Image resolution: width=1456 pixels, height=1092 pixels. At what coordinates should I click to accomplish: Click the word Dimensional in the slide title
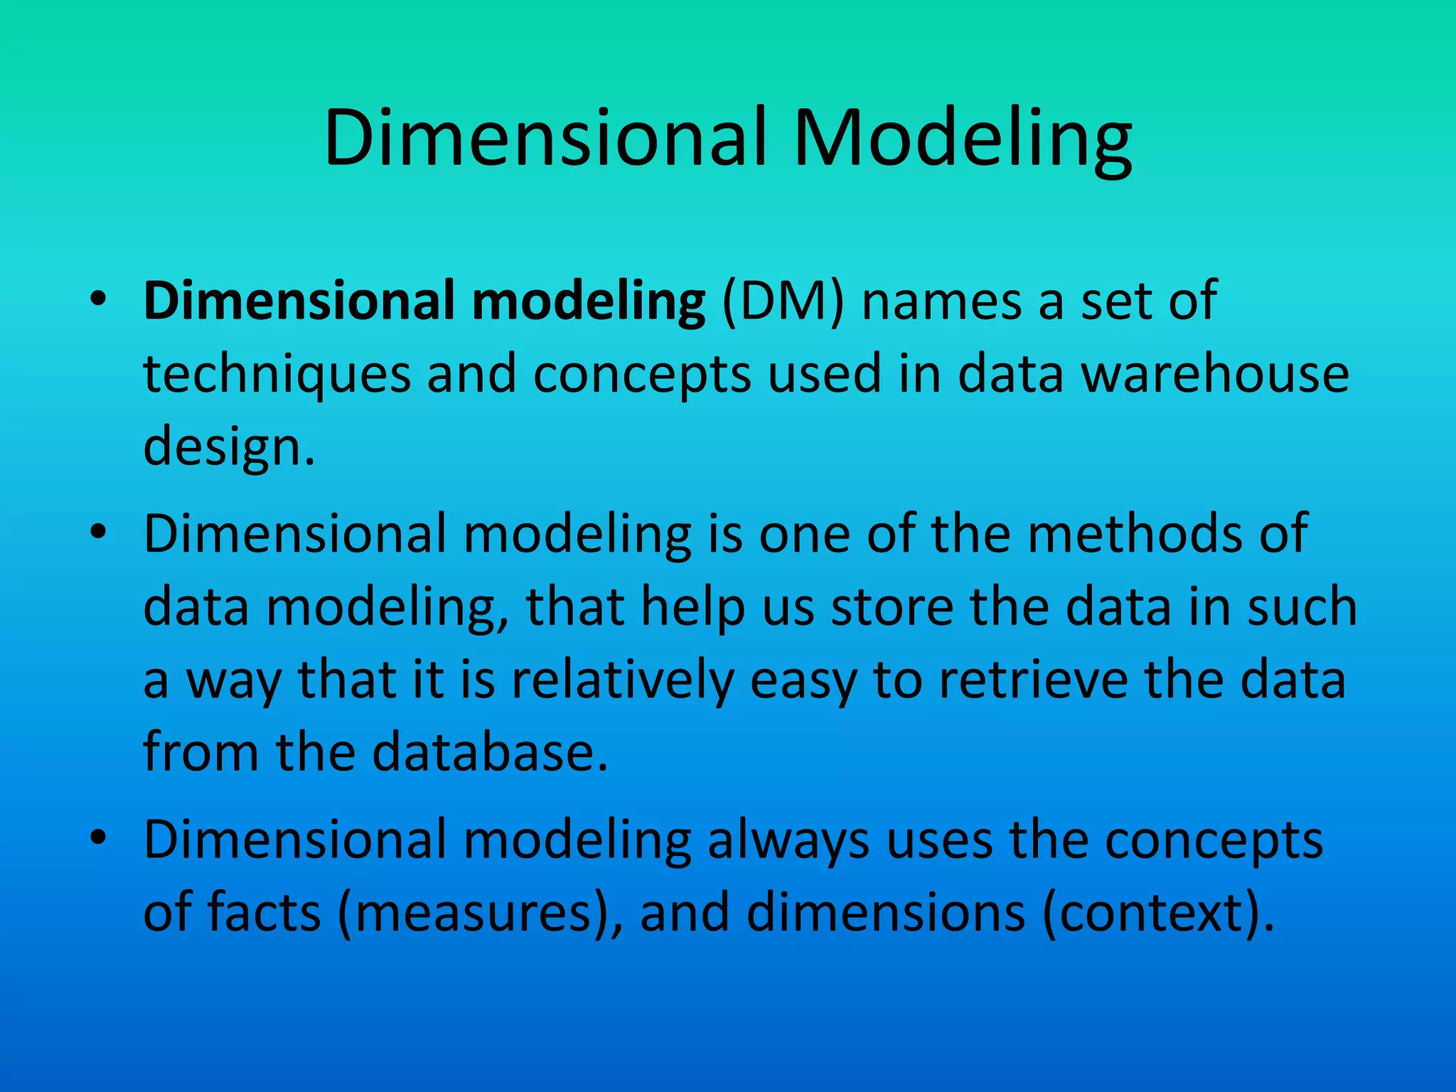(546, 139)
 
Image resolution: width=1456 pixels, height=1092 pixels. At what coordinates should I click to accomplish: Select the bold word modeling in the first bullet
(588, 302)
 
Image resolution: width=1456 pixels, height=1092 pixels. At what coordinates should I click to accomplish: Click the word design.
(227, 449)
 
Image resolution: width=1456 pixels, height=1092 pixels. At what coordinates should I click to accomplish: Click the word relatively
(622, 680)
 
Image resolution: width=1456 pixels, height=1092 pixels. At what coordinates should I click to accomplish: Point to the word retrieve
(1033, 680)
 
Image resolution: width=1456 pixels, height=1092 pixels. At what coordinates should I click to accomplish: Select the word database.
(491, 753)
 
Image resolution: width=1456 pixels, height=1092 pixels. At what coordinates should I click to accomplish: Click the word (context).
(1159, 914)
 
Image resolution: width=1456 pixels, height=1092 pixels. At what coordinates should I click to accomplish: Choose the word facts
(264, 914)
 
